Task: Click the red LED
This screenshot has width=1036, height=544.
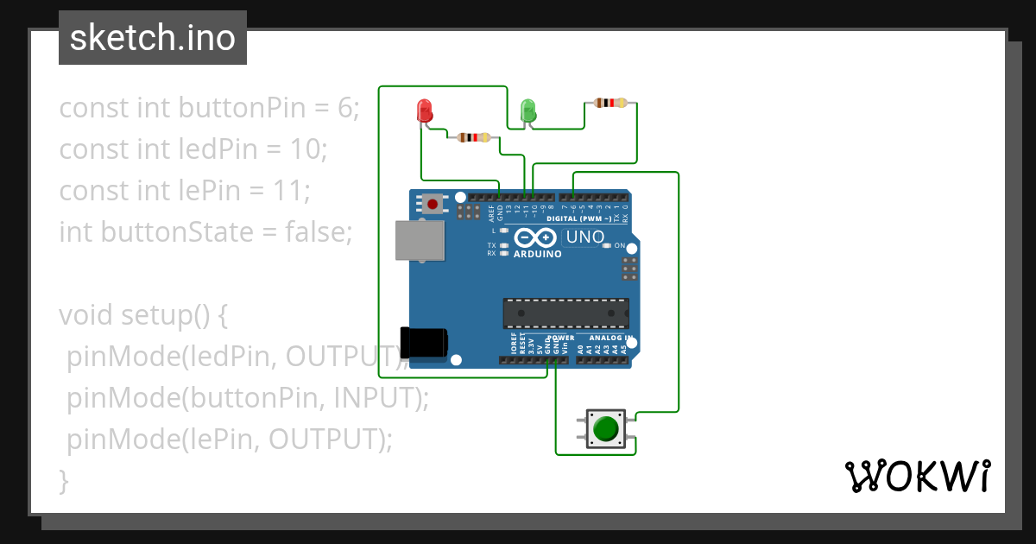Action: [x=424, y=111]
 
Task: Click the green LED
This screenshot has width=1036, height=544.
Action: [x=528, y=111]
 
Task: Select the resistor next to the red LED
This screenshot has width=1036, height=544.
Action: [x=473, y=137]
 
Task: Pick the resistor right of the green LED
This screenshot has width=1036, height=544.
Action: [x=611, y=104]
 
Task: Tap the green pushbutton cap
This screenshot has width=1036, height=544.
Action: [x=607, y=428]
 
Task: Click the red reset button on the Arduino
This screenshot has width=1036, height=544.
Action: [x=431, y=204]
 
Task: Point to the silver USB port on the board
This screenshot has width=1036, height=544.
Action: [x=420, y=240]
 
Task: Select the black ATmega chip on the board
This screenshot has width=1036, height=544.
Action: [x=565, y=313]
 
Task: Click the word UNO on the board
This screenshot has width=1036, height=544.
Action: [x=584, y=237]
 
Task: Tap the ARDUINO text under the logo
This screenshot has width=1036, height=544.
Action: [x=537, y=255]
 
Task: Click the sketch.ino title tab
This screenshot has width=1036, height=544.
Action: [x=153, y=38]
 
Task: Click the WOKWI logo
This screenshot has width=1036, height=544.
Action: [x=916, y=476]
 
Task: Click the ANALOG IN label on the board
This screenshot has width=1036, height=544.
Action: [x=610, y=338]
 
